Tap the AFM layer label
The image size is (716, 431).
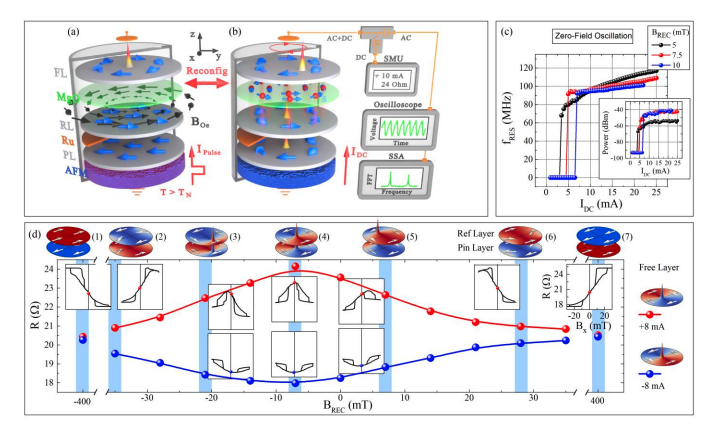(33, 171)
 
